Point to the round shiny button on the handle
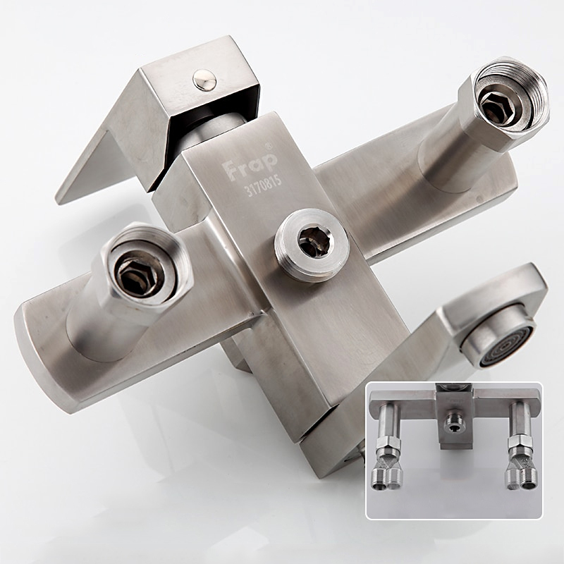pos(204,80)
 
